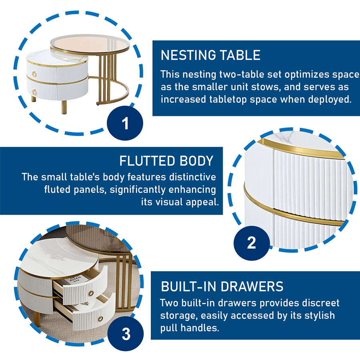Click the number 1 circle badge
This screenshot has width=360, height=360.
click(125, 123)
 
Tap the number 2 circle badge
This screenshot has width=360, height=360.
click(252, 243)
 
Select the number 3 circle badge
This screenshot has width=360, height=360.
click(126, 334)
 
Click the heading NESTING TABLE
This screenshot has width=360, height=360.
click(210, 55)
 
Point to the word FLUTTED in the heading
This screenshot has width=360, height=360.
click(147, 161)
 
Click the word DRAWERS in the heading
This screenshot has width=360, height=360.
click(252, 286)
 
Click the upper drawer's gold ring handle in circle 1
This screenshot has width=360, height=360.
click(34, 74)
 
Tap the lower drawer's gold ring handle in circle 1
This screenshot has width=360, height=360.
click(34, 92)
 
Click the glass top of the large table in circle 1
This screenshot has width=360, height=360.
click(90, 43)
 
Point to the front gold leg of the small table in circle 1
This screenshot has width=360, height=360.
click(64, 107)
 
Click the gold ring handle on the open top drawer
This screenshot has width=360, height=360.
click(91, 293)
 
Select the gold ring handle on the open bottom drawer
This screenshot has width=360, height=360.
click(100, 318)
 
